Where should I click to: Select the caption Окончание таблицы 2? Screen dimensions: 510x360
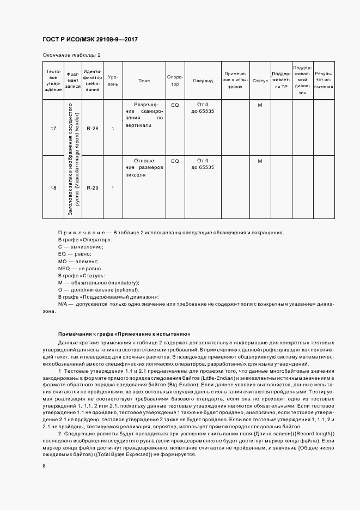71,55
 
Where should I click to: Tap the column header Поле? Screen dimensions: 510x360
144,81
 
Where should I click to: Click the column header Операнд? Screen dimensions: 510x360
203,81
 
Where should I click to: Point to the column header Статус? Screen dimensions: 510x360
260,81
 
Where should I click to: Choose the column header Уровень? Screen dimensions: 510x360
113,81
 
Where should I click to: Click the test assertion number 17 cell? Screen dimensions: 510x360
53,129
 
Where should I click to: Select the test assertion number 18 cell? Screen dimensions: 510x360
53,188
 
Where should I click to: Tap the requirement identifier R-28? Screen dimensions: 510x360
93,129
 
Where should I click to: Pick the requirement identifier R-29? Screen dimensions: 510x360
93,188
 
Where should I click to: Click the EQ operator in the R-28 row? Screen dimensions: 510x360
175,104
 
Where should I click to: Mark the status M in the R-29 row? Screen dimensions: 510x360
260,161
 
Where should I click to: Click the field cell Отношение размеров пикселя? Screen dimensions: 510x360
144,168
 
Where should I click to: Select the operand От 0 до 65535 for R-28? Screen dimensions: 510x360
203,108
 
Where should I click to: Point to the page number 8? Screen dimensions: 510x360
45,466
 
